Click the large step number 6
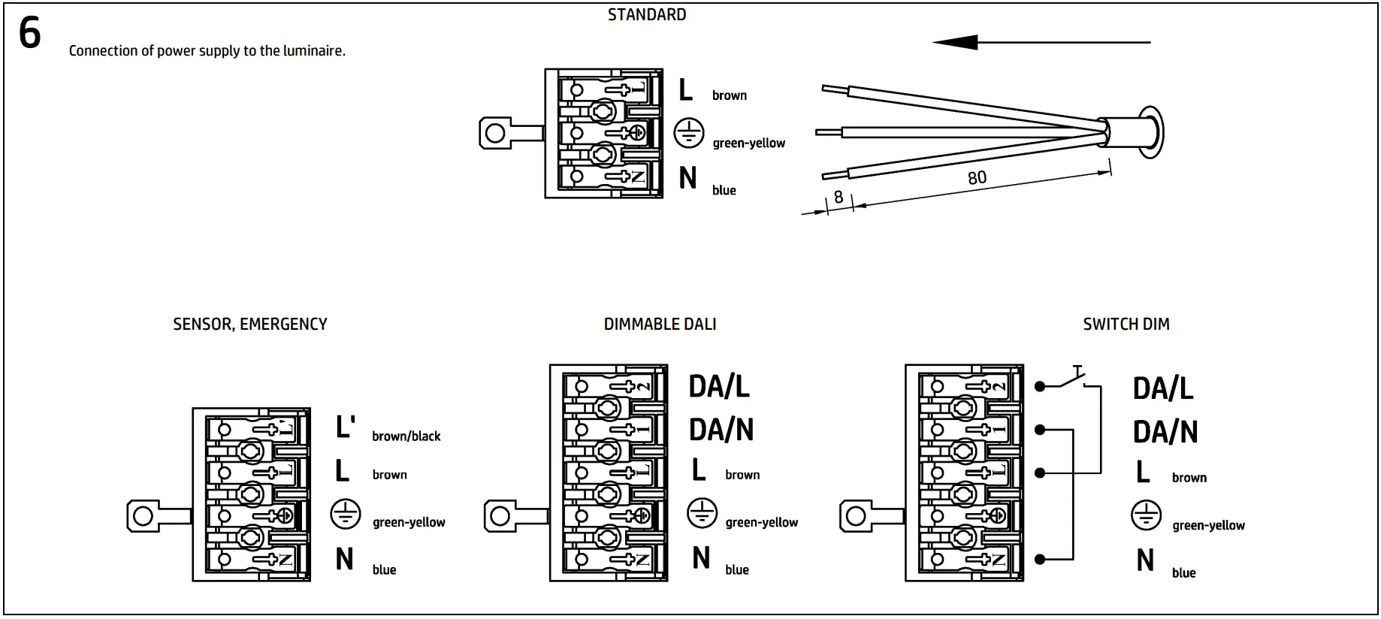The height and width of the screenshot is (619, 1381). [x=29, y=33]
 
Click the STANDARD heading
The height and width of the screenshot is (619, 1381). [x=646, y=15]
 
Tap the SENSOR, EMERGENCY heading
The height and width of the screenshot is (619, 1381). [x=249, y=325]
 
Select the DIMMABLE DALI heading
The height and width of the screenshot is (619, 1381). [x=660, y=325]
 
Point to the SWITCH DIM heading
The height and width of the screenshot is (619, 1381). [x=1126, y=325]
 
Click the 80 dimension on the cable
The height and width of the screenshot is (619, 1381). [x=977, y=178]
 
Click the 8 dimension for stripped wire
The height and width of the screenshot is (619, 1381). [x=839, y=198]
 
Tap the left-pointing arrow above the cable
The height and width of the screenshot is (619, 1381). [x=1041, y=42]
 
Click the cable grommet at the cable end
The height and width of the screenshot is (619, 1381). [x=1150, y=133]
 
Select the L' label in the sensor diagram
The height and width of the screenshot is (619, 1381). [x=345, y=427]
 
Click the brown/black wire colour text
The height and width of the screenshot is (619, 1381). [x=406, y=436]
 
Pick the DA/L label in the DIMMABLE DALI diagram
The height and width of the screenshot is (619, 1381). [x=719, y=387]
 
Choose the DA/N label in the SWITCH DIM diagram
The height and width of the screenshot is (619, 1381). [x=1165, y=432]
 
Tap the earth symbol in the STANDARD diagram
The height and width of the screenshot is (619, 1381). [x=688, y=133]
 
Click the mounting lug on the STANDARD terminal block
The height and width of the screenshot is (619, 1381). [x=497, y=134]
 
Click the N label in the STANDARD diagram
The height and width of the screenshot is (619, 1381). [x=687, y=179]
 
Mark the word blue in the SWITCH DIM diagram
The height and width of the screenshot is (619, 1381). [x=1183, y=573]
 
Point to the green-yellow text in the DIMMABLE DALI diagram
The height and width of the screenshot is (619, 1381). [x=761, y=523]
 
